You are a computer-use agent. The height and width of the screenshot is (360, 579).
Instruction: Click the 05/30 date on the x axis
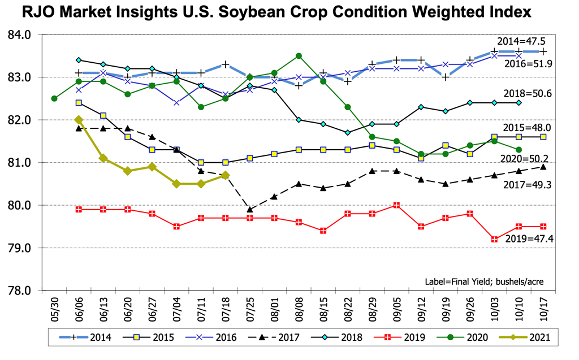pos(54,309)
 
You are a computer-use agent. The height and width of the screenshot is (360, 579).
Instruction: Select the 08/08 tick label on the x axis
pos(299,309)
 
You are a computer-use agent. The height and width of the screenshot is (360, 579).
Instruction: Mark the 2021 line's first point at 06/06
pos(79,120)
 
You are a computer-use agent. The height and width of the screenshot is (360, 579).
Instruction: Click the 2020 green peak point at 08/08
pos(299,56)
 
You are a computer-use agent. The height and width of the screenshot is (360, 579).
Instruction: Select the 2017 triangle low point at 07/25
pos(250,210)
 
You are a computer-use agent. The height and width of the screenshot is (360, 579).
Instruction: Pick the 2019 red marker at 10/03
pos(495,240)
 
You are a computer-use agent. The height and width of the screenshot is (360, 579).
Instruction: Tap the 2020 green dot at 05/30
pos(54,98)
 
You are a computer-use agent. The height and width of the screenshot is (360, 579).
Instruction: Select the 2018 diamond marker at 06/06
pos(79,60)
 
